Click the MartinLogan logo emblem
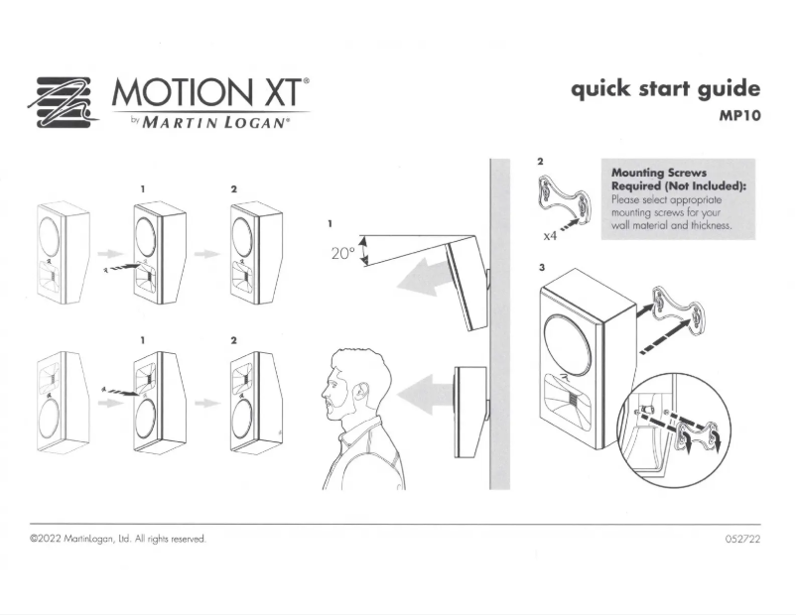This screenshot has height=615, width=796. coord(63,102)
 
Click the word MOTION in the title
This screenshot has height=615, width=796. coord(182,92)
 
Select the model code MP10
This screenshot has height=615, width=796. coord(740,116)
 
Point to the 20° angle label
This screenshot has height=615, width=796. coord(343,253)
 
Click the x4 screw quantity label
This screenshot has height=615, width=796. coord(550,235)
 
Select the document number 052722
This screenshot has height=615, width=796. coord(743,539)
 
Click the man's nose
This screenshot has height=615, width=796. coord(324,391)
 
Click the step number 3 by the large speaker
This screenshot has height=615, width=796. coord(542,268)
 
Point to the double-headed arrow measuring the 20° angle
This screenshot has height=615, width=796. coord(363,252)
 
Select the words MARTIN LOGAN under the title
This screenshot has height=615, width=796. coord(213,123)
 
